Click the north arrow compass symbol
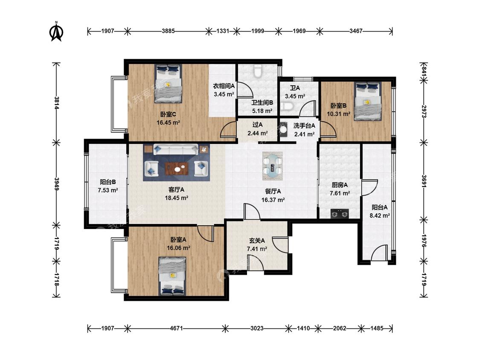point(56,31)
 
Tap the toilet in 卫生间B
point(258,71)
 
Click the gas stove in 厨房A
point(340,213)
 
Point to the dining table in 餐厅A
point(273,165)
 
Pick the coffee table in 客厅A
point(177,168)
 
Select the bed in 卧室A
point(172,276)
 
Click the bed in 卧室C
point(168,83)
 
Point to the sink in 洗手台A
point(283,128)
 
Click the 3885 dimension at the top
point(168,31)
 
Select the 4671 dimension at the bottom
point(176,328)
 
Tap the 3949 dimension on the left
point(56,184)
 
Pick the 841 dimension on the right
point(424,71)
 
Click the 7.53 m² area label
point(108,190)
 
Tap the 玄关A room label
point(257,241)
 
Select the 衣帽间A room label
point(224,86)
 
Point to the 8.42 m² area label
point(380,215)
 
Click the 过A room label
point(257,125)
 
